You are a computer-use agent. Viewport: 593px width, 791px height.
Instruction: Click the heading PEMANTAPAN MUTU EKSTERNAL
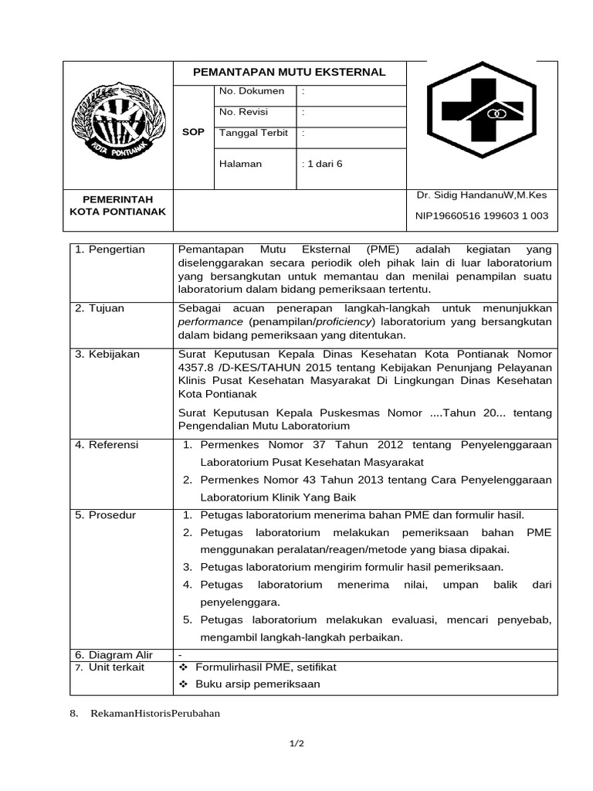[x=289, y=72]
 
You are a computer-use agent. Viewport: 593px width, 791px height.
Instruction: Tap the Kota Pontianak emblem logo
[x=118, y=121]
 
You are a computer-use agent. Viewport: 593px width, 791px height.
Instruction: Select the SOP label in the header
[x=193, y=132]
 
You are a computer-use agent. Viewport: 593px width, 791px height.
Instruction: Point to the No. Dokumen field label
[x=252, y=91]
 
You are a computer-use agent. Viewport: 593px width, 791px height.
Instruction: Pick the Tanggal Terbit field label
[x=253, y=133]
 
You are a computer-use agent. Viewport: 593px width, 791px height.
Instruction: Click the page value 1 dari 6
[x=322, y=164]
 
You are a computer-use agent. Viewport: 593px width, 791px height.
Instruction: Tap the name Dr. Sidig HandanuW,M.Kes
[x=481, y=195]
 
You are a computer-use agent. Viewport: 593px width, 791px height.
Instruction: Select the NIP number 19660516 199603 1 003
[x=482, y=216]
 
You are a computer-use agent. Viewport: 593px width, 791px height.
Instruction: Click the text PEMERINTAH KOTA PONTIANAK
[x=118, y=205]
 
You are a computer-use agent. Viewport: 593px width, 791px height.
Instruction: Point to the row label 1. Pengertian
[x=110, y=250]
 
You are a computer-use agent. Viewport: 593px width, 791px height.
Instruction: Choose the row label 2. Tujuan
[x=100, y=308]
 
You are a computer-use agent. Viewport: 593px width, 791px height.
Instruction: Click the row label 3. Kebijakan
[x=107, y=354]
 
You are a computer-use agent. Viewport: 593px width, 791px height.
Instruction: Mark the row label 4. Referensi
[x=107, y=445]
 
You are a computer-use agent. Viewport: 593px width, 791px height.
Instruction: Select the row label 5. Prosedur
[x=105, y=514]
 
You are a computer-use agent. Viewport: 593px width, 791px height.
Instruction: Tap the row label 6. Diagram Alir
[x=114, y=654]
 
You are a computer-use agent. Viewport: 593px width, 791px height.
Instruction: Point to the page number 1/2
[x=296, y=744]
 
